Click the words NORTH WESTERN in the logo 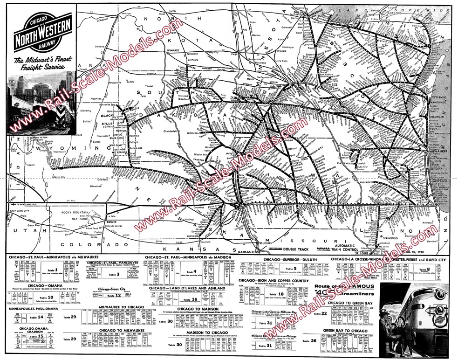pyautogui.click(x=43, y=37)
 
